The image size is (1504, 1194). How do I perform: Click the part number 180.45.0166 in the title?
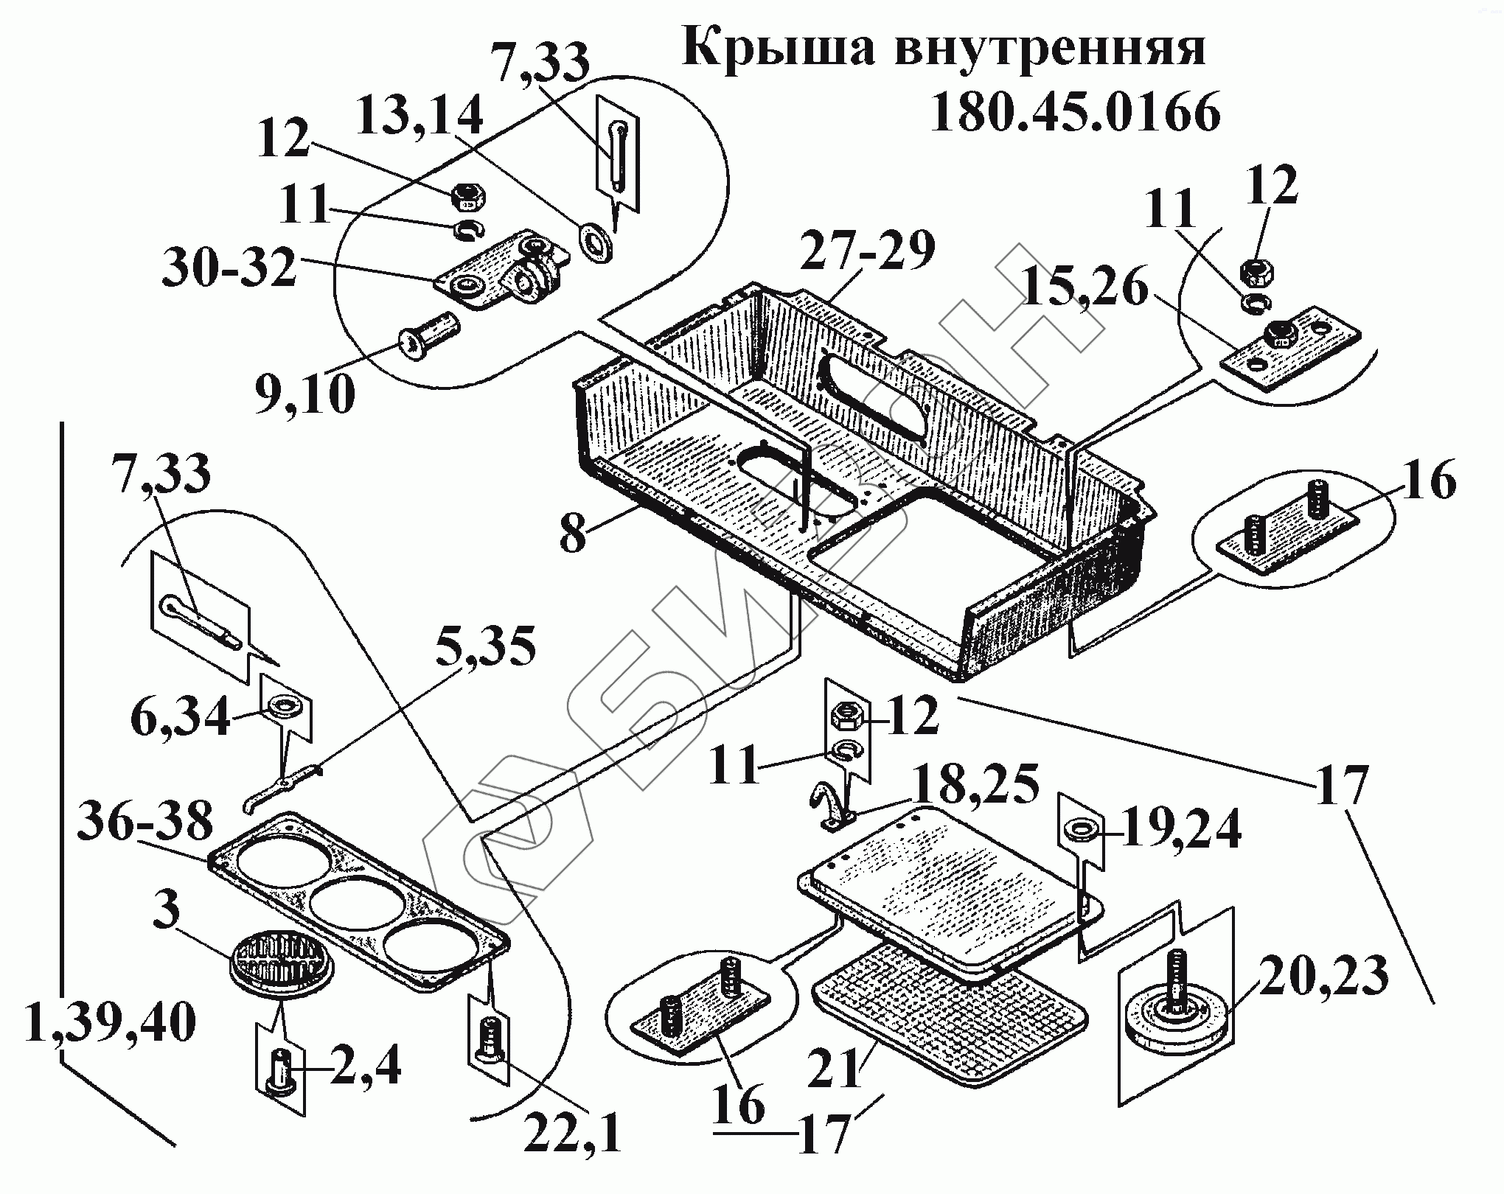coord(1075,113)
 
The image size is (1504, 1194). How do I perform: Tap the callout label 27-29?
coord(868,250)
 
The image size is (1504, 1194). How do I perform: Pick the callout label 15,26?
coord(1085,288)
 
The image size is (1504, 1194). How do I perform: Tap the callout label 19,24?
coord(1182,830)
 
